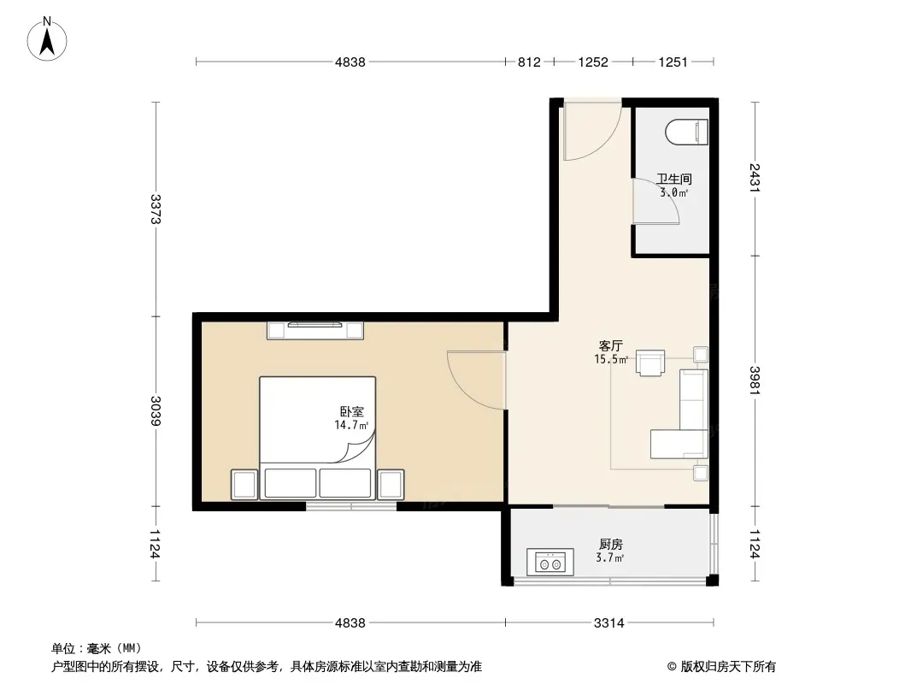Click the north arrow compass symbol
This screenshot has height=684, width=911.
click(47, 39)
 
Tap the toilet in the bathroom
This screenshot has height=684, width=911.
click(686, 132)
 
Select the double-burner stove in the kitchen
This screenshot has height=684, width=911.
click(550, 563)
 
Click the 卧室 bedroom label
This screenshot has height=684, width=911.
click(351, 411)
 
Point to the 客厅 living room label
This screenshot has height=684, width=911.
click(611, 345)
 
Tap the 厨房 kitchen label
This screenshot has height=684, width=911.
click(611, 545)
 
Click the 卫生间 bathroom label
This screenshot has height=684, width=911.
click(674, 179)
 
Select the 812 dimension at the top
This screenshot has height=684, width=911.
click(529, 62)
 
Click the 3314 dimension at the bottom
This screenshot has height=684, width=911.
click(608, 623)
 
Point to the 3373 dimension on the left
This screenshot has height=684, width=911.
click(156, 209)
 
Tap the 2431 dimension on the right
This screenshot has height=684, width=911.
click(755, 178)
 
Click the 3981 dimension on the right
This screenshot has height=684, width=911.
click(755, 380)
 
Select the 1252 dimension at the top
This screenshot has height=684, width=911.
click(593, 62)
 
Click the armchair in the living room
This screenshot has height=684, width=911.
click(650, 363)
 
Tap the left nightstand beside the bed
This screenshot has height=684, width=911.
click(244, 485)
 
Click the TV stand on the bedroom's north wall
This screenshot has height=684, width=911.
click(314, 330)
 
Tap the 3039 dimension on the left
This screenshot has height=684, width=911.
click(156, 411)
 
